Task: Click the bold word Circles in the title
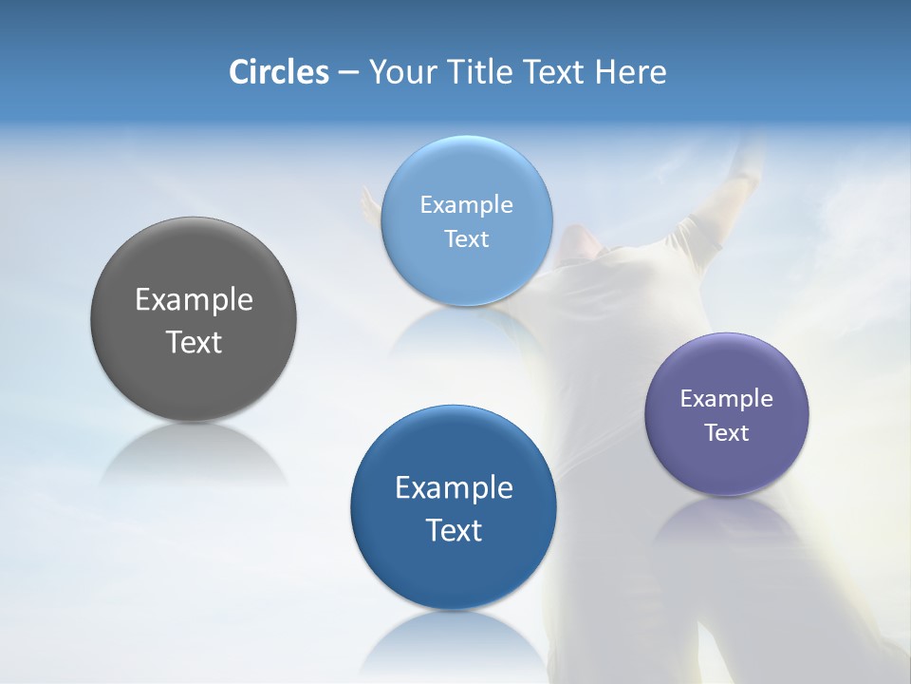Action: (x=278, y=72)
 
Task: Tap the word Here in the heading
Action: (x=630, y=72)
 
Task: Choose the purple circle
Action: (x=727, y=465)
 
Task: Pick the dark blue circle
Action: (x=454, y=570)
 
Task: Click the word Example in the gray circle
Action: (x=194, y=300)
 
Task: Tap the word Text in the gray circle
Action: (x=194, y=342)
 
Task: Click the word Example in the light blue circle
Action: (x=466, y=205)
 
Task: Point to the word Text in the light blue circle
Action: (x=466, y=238)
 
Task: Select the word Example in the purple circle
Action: (x=727, y=399)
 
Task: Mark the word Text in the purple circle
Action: (x=727, y=432)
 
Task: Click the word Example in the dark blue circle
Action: (x=454, y=488)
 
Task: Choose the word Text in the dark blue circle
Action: (x=454, y=530)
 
